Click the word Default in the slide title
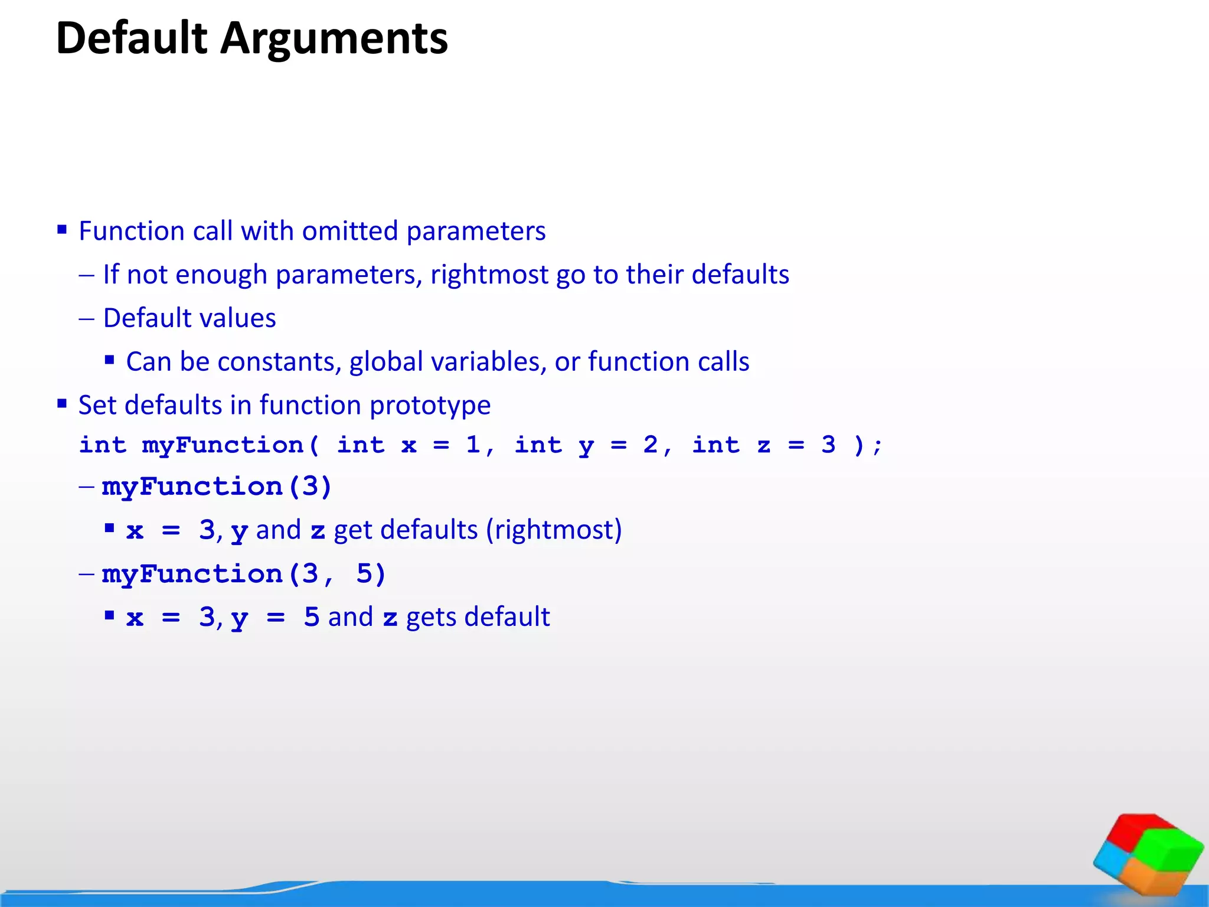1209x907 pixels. point(132,38)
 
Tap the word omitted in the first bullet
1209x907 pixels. point(350,231)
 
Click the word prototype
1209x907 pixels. point(430,406)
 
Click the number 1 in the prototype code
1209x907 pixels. point(473,445)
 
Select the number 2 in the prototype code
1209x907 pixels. point(650,445)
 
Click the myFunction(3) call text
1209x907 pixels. point(217,487)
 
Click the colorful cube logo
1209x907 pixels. point(1148,853)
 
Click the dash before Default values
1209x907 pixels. point(86,319)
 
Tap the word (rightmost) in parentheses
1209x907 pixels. point(554,530)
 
